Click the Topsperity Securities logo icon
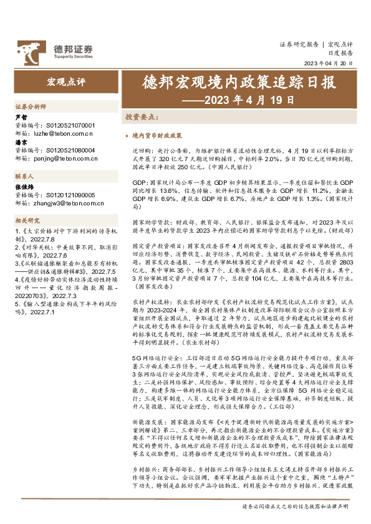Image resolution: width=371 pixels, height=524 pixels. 29,48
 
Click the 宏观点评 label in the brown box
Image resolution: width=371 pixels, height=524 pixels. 65,82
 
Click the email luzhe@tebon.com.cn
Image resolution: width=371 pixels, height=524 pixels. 62,133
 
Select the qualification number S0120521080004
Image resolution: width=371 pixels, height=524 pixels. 70,150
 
